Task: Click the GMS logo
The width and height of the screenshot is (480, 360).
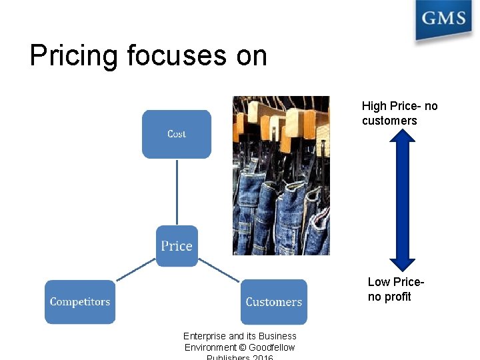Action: click(443, 19)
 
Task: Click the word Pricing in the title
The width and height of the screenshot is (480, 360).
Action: click(73, 55)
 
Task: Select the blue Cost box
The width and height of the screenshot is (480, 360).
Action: click(177, 134)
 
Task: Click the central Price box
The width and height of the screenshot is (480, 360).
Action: click(177, 246)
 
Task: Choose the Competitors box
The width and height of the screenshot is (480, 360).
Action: click(80, 302)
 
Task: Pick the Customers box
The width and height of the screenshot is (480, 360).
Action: click(273, 302)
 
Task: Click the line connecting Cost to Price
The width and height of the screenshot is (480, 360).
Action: click(177, 192)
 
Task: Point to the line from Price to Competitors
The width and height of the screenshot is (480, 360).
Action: click(136, 269)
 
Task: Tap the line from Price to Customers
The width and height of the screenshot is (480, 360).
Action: click(219, 269)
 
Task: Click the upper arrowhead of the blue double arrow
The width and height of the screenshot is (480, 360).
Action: click(402, 135)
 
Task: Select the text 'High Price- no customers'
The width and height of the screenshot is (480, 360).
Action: click(399, 113)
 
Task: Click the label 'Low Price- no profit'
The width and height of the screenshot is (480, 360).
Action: click(395, 289)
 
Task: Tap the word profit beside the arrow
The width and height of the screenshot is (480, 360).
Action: click(398, 297)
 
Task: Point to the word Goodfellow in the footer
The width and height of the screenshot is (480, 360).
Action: click(271, 347)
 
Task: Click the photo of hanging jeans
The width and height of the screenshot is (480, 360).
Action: click(281, 175)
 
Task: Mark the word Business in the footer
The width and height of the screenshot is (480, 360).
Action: click(277, 336)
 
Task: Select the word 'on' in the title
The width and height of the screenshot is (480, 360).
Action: click(251, 55)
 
